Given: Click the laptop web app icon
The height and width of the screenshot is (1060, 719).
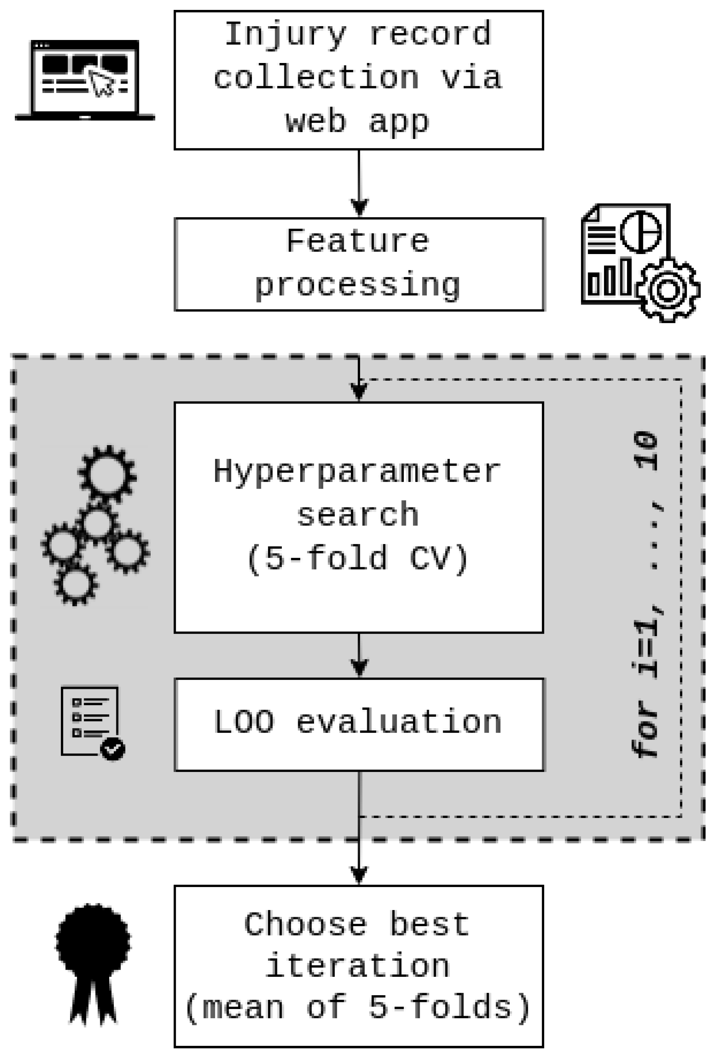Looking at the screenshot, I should click(x=85, y=81).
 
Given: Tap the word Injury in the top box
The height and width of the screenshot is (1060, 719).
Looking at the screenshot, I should click(x=285, y=35).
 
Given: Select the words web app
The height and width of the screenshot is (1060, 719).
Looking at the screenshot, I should click(x=358, y=122).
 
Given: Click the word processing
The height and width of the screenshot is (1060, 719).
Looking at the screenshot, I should click(x=358, y=286).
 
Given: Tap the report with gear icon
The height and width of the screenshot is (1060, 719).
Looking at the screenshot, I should click(x=638, y=262).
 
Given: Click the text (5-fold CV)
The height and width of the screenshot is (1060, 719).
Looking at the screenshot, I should click(x=358, y=558).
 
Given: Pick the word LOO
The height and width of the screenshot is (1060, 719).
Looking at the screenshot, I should click(x=244, y=722).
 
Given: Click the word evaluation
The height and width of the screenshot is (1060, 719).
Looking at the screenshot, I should click(x=399, y=722).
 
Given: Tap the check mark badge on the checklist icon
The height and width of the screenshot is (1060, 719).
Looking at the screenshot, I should click(x=112, y=749).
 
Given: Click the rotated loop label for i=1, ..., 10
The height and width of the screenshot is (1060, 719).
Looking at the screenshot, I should click(x=645, y=593).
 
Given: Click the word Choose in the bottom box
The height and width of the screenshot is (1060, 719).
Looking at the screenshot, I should click(x=306, y=925).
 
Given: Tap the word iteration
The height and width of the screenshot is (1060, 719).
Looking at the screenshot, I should click(x=358, y=967).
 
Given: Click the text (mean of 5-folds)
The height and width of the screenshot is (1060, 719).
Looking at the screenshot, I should click(x=358, y=1008).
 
